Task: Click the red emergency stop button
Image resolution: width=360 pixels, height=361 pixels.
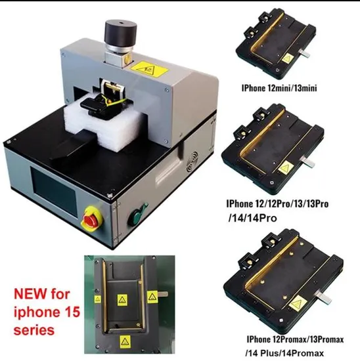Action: tap(91, 220)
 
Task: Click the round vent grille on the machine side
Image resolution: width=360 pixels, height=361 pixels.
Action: tap(192, 163)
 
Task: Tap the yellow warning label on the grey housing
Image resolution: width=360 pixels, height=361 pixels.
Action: tap(148, 69)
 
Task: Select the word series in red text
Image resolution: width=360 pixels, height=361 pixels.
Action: tap(34, 329)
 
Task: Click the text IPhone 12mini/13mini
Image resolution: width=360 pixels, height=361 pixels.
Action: tap(279, 88)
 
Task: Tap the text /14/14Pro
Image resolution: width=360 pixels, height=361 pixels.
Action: tap(252, 218)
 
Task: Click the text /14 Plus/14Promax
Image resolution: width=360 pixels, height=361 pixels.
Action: tap(284, 353)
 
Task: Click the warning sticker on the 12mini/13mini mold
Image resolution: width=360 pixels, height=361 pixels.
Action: tap(287, 58)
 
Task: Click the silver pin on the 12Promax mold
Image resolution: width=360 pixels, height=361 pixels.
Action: tap(325, 298)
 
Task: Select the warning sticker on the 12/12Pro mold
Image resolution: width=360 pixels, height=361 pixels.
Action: tap(286, 167)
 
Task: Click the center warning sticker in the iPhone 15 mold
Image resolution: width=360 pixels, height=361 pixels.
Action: tap(122, 300)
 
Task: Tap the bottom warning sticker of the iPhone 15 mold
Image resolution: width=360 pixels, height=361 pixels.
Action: tap(125, 341)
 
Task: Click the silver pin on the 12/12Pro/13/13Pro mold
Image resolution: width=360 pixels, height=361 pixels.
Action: tap(308, 163)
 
